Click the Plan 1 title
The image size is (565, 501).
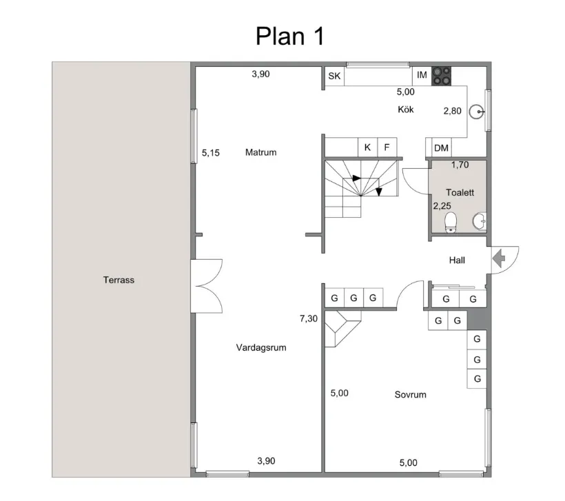[289, 36]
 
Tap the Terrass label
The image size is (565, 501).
[119, 280]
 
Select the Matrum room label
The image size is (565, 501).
[260, 152]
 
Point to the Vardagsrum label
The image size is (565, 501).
[260, 348]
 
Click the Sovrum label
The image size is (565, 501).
[410, 395]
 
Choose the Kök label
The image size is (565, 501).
[406, 110]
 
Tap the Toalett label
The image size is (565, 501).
[458, 194]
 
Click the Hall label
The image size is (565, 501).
[457, 260]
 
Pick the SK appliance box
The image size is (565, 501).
[335, 76]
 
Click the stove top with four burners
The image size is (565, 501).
[442, 76]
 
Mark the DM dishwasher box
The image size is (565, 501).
[441, 147]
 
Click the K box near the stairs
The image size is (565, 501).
[367, 147]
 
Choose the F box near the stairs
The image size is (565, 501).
[387, 147]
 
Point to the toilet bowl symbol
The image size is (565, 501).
[451, 222]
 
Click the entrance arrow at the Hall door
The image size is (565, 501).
[499, 258]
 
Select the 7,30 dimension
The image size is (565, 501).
[309, 319]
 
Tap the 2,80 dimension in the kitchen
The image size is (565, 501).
[451, 110]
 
